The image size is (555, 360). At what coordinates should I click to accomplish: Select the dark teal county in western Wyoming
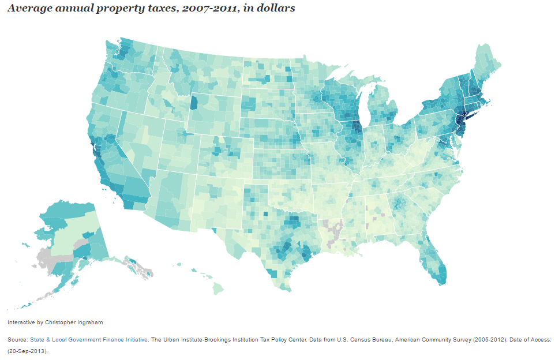point(194,104)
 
